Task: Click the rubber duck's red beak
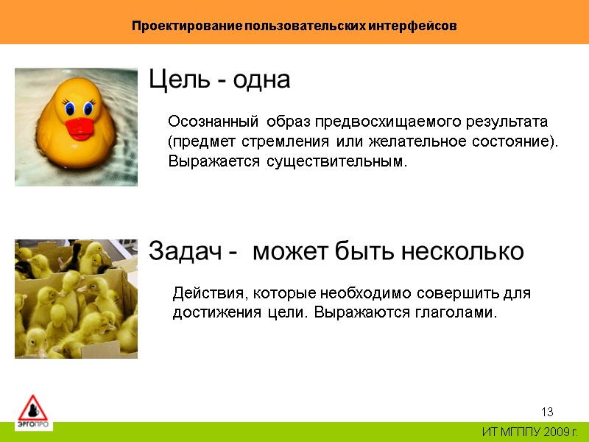79,130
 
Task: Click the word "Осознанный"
214,121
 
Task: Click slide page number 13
547,411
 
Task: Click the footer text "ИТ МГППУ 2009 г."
529,431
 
